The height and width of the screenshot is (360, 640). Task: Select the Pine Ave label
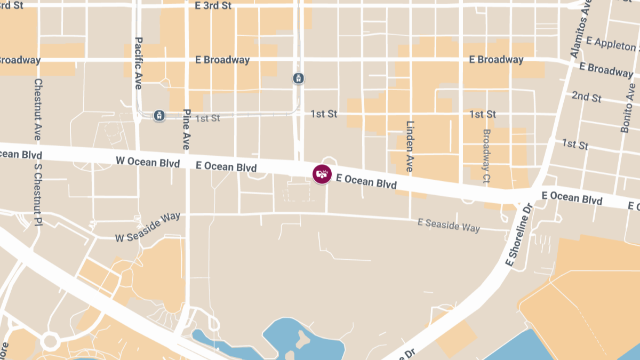(x=186, y=129)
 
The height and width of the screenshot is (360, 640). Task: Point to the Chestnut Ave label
(x=38, y=109)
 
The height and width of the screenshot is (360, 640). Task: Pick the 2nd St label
(x=586, y=97)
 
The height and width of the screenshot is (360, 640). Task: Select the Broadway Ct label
(x=486, y=155)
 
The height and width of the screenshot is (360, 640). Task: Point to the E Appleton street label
(x=612, y=44)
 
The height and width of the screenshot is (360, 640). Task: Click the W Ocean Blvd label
(x=148, y=162)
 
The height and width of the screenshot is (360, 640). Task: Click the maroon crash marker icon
(x=322, y=174)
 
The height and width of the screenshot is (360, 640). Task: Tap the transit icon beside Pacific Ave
(x=159, y=115)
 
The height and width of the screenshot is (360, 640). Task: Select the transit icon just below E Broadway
(x=299, y=78)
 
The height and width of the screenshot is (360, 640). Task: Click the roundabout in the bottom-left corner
(x=50, y=340)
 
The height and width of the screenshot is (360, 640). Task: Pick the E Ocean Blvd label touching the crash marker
(x=366, y=182)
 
